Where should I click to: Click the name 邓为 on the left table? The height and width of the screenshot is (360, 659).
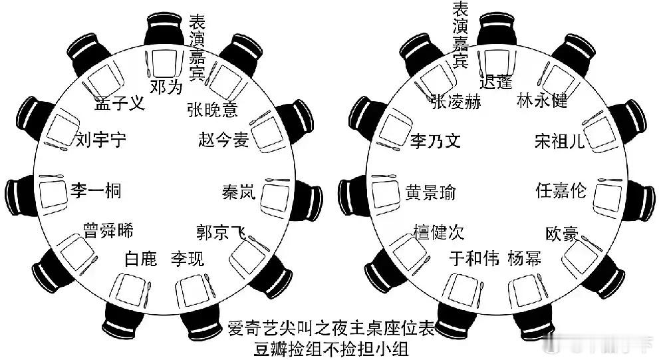point(165,87)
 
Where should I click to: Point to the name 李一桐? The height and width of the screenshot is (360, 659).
point(96,190)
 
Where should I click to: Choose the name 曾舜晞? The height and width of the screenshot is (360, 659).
point(108,231)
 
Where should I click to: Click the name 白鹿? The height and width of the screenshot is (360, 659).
point(140,258)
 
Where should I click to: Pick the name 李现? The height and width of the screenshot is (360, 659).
point(188,258)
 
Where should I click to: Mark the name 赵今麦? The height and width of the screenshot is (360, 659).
point(223,140)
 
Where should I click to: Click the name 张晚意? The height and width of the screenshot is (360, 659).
point(212,110)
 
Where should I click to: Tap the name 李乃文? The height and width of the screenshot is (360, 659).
point(435,141)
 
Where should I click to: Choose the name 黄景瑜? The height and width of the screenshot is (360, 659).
point(431,192)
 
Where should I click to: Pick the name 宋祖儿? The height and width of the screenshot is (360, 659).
point(560,141)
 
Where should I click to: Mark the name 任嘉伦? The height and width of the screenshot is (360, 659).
point(561,190)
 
